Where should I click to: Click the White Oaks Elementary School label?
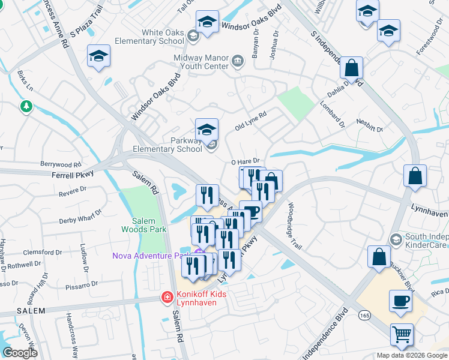(163, 37)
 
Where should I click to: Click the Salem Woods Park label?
(143, 224)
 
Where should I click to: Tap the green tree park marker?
(26, 107)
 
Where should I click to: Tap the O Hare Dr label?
(245, 161)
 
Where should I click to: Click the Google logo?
(20, 353)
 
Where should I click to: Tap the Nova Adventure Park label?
(150, 256)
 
